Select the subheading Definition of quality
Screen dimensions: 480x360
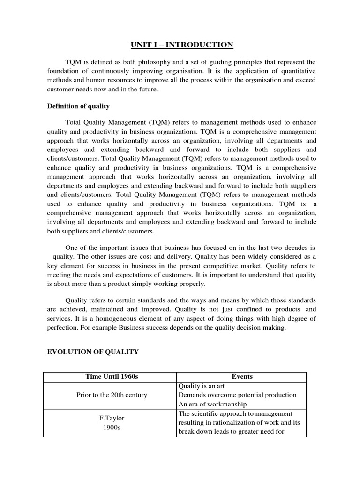pyautogui.click(x=78, y=106)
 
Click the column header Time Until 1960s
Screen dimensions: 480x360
pyautogui.click(x=109, y=376)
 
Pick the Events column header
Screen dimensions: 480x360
pyautogui.click(x=241, y=376)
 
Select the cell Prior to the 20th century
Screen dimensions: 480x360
pyautogui.click(x=112, y=395)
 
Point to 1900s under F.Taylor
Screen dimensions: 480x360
pyautogui.click(x=112, y=427)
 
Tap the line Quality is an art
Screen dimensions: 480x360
pyautogui.click(x=202, y=386)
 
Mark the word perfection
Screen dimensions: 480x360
pyautogui.click(x=63, y=328)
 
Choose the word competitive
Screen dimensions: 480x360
pyautogui.click(x=233, y=266)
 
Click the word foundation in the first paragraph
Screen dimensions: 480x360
pyautogui.click(x=64, y=71)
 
